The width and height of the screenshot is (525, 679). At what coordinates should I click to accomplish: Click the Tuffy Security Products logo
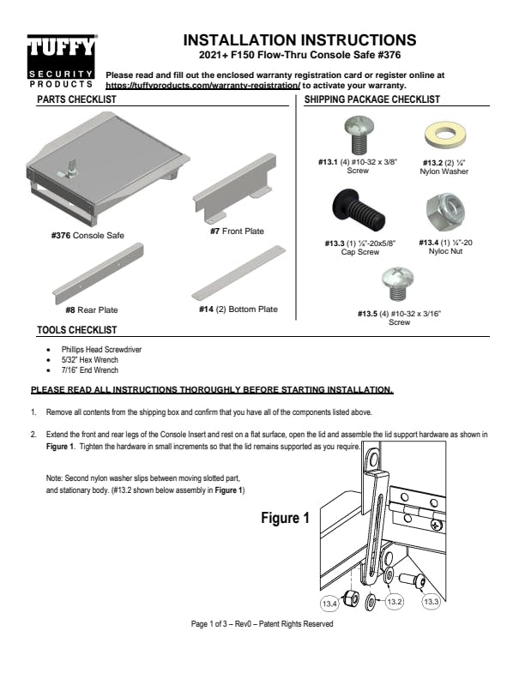pyautogui.click(x=62, y=61)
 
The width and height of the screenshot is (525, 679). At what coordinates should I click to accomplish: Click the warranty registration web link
pyautogui.click(x=202, y=86)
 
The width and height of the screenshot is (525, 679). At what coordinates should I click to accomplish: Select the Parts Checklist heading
pyautogui.click(x=76, y=99)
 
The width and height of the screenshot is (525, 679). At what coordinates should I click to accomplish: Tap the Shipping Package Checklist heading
pyautogui.click(x=372, y=99)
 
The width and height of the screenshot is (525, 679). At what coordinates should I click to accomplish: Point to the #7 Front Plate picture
pyautogui.click(x=235, y=188)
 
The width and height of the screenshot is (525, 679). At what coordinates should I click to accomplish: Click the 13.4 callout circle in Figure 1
pyautogui.click(x=329, y=604)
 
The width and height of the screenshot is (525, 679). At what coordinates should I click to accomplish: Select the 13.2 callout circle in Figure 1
pyautogui.click(x=394, y=603)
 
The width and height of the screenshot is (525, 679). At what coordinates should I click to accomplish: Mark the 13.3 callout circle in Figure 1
pyautogui.click(x=432, y=603)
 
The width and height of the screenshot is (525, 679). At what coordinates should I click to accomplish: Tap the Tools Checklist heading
pyautogui.click(x=77, y=330)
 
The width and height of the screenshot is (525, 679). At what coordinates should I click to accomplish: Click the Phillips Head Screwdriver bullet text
pyautogui.click(x=101, y=350)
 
